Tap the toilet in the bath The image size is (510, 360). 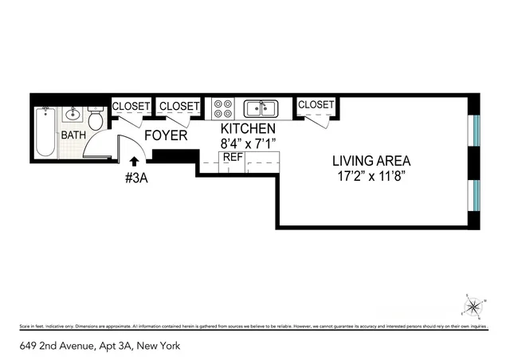[x=95, y=120]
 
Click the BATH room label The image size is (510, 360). [x=74, y=135]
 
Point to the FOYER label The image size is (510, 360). [x=166, y=136]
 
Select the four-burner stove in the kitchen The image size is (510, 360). [x=222, y=108]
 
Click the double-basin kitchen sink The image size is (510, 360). [x=261, y=108]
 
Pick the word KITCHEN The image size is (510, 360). [x=248, y=128]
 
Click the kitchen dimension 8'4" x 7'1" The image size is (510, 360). [x=248, y=143]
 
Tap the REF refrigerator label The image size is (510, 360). [x=232, y=158]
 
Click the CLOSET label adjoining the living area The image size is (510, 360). [x=316, y=104]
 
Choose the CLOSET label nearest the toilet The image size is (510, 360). [x=131, y=106]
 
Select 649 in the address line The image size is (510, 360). [x=29, y=346]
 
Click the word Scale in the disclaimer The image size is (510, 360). [x=23, y=327]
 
